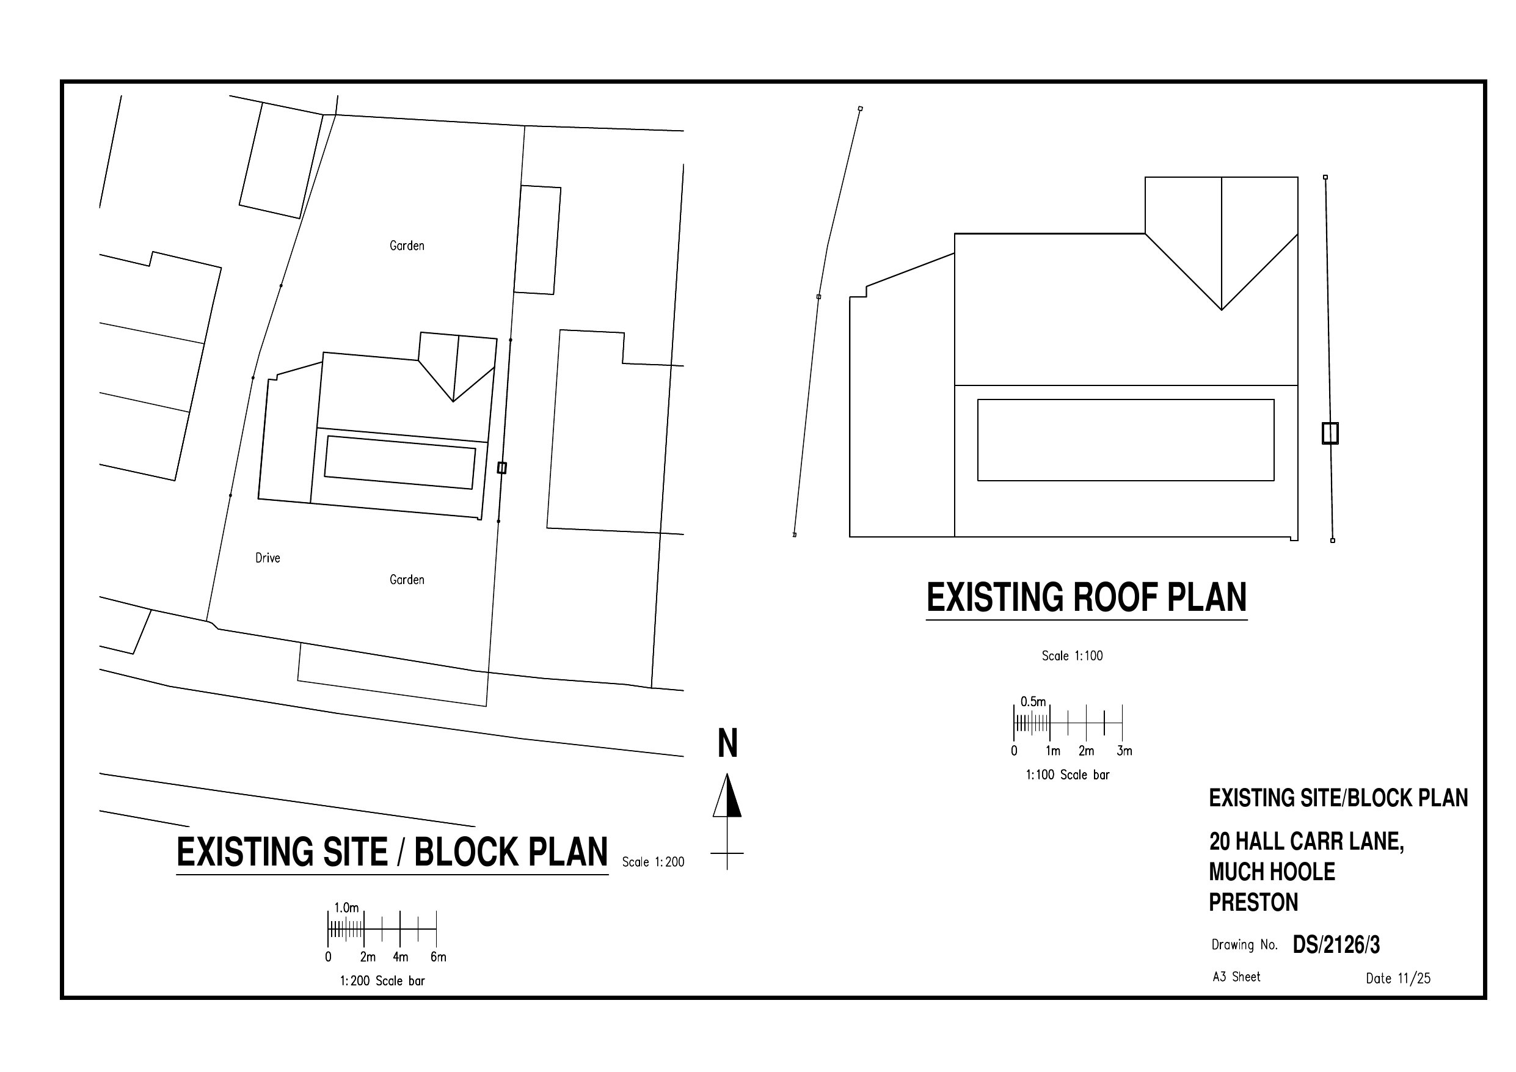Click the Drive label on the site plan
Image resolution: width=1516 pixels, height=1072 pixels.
coord(268,558)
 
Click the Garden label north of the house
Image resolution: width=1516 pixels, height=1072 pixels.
coord(407,246)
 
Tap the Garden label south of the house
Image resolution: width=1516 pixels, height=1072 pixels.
coord(407,580)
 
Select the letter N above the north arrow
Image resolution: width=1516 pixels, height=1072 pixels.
coord(727,744)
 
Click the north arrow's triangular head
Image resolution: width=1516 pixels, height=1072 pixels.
coord(727,797)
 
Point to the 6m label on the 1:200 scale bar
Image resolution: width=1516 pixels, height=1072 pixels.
coord(439,957)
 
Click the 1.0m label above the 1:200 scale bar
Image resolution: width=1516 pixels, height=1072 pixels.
coord(346,908)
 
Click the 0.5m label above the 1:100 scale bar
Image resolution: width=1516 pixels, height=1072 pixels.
coord(1033,701)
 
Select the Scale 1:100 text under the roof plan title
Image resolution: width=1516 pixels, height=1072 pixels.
coord(1073,656)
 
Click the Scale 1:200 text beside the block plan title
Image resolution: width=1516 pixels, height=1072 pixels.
coord(653,862)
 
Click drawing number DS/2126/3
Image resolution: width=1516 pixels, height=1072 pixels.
coord(1336,945)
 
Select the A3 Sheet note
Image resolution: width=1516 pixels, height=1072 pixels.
coord(1236,977)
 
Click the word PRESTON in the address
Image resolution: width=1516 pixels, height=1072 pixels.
coord(1253,902)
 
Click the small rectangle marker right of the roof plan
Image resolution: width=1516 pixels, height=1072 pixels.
coord(1330,433)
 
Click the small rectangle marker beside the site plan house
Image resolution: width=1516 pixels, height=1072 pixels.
coord(502,468)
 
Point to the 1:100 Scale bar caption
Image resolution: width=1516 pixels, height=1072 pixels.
coord(1067,775)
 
